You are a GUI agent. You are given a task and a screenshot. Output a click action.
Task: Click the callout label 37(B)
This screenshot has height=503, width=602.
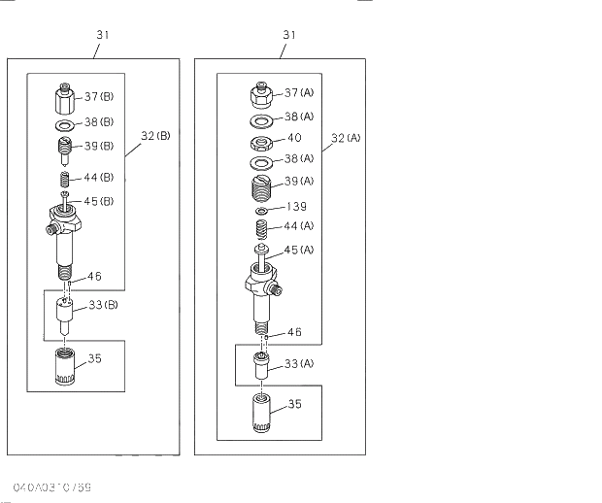[x=99, y=96]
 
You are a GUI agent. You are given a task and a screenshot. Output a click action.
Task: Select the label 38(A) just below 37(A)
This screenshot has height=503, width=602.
[x=299, y=117]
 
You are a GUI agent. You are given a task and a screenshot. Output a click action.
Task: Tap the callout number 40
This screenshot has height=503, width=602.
[x=294, y=138]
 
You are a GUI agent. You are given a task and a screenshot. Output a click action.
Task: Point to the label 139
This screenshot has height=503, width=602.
[x=297, y=207]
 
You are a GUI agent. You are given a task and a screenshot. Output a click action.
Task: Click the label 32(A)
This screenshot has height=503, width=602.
[x=345, y=138]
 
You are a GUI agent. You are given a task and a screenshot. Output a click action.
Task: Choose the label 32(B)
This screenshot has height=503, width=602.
[x=154, y=137]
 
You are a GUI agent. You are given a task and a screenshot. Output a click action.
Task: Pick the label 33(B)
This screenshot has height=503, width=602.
[x=104, y=306]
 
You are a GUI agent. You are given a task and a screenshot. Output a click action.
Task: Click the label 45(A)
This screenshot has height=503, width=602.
[x=299, y=250]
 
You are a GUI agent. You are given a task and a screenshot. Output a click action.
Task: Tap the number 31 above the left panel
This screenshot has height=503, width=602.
[x=103, y=35]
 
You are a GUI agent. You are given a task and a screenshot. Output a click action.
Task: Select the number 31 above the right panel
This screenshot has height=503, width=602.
[x=289, y=35]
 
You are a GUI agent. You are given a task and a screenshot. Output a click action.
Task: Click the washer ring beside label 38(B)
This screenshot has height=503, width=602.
[x=63, y=125]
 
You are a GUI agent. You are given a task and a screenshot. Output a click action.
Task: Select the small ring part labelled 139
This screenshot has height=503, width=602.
[x=262, y=210]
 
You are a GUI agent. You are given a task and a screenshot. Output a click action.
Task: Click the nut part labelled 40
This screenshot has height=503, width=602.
[x=261, y=142]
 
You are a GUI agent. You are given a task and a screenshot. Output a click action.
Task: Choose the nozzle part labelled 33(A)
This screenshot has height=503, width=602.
[x=260, y=367]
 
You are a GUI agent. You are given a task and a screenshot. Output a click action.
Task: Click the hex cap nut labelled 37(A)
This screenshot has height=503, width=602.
[x=261, y=96]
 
